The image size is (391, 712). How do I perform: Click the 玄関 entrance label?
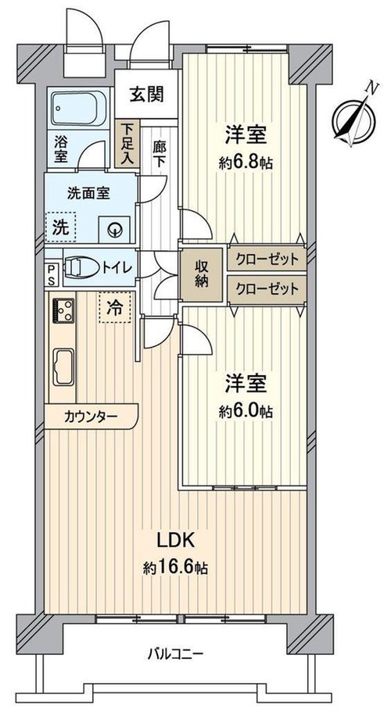tap(147, 95)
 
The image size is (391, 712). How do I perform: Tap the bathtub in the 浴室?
tap(79, 108)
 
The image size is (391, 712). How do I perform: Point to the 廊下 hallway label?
tap(159, 154)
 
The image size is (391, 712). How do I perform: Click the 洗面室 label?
tap(88, 194)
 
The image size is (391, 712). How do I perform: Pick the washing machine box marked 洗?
tap(60, 227)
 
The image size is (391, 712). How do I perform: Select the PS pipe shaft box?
tap(51, 275)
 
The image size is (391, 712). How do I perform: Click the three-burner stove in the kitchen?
tap(63, 310)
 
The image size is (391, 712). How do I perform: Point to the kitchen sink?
tap(64, 367)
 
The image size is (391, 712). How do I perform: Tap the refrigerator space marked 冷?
tap(115, 308)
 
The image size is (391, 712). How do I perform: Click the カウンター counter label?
tap(91, 416)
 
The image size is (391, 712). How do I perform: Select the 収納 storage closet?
tap(202, 275)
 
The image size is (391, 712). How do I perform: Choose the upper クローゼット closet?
tap(267, 259)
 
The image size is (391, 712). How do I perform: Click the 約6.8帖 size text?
tap(246, 163)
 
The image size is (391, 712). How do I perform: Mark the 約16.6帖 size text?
tap(176, 567)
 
